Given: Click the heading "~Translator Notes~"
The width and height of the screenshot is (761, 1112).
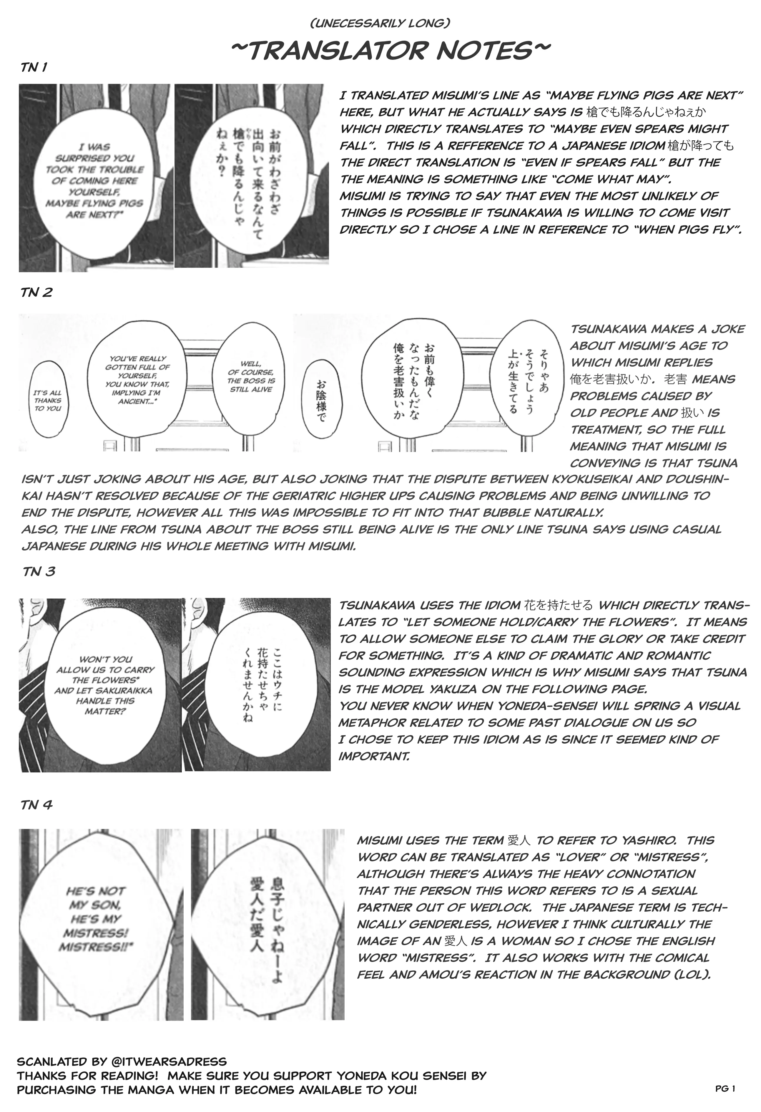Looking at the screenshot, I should [390, 51].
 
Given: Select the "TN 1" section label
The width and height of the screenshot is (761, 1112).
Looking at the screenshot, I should [34, 67].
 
